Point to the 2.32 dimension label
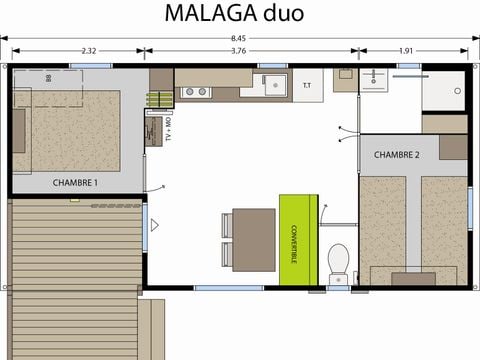click(89, 51)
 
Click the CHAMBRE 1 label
click(76, 183)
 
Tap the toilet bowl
click(339, 258)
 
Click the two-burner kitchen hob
click(196, 92)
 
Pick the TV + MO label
click(169, 128)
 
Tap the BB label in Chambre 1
click(48, 77)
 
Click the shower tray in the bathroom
click(443, 90)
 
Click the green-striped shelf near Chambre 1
click(158, 101)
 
